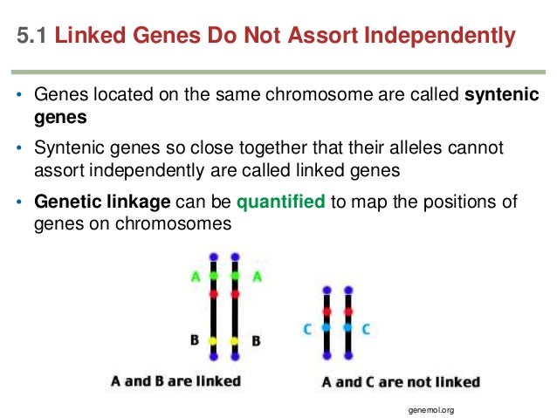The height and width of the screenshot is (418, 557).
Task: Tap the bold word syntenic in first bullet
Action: pos(502,94)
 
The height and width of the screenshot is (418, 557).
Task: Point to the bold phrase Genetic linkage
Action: pos(103,202)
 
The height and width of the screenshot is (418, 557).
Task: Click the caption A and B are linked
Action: pos(175,381)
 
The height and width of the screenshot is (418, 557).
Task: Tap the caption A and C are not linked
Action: pos(401,381)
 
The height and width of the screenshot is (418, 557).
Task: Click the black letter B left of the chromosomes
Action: pos(196,339)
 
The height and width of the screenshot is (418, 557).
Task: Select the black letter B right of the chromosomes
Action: pos(256,339)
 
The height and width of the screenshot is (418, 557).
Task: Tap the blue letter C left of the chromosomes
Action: pos(308,328)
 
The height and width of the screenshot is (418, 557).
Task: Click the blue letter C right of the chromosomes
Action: pos(366,328)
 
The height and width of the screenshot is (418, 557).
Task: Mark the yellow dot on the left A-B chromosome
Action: pos(214,340)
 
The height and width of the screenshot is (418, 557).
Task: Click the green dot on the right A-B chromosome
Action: pos(235,276)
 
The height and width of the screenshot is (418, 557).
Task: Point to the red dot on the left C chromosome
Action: pos(327,311)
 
